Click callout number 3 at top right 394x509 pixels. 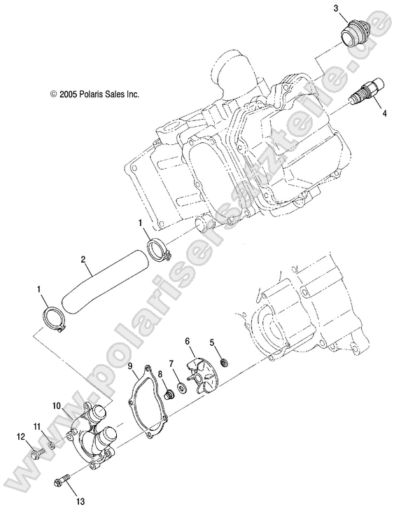coord(336,8)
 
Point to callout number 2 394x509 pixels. coord(83,259)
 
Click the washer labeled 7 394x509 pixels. coord(182,386)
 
